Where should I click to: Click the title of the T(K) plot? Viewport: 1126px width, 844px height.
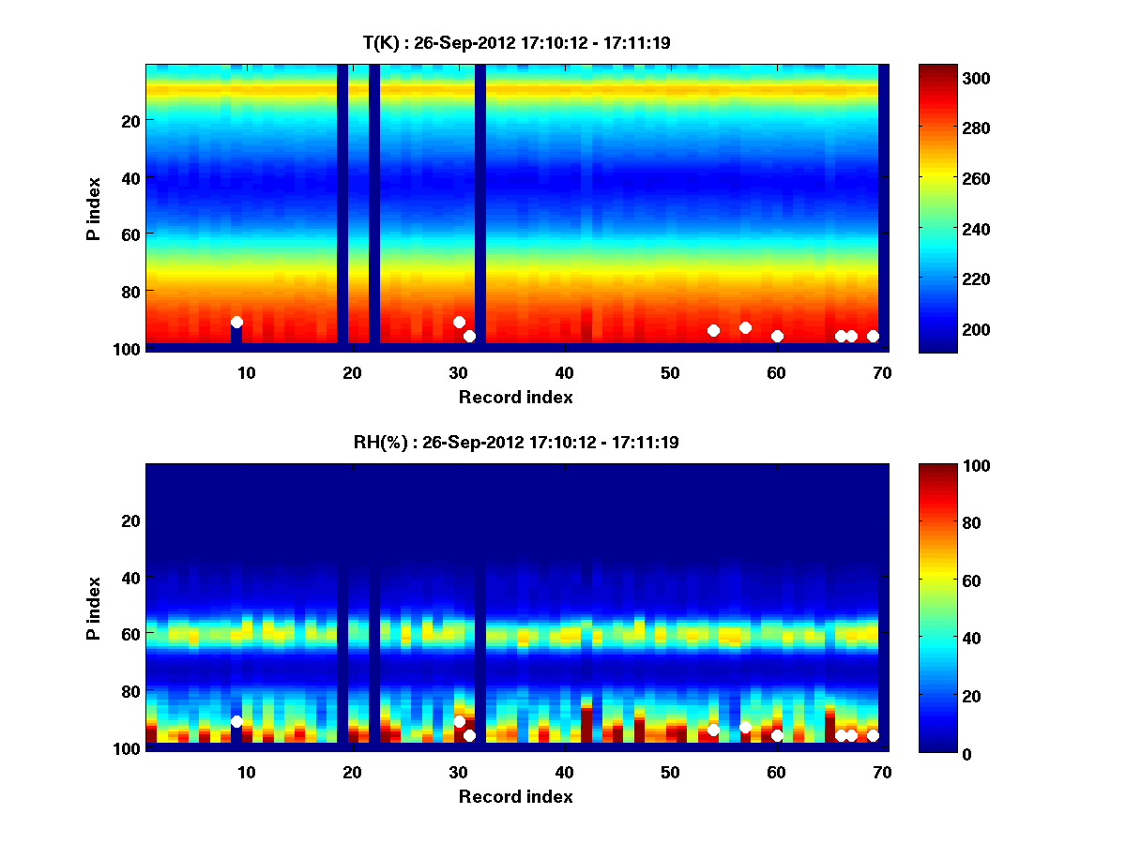(x=517, y=42)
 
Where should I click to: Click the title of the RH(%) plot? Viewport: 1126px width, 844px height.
(x=517, y=442)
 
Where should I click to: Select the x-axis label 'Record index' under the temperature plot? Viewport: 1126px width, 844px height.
(x=515, y=397)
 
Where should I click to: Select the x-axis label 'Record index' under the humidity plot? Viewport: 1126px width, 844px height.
(x=515, y=796)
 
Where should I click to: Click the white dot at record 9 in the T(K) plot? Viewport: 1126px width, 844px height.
(x=236, y=322)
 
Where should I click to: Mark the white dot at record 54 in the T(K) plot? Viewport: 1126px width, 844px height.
(x=713, y=330)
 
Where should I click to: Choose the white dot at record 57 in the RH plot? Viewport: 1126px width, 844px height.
(x=745, y=727)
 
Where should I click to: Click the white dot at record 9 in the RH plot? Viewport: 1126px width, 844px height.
(x=236, y=721)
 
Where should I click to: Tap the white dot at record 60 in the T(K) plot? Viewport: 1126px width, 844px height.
(x=777, y=336)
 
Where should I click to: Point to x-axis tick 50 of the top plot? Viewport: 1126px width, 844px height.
(x=670, y=372)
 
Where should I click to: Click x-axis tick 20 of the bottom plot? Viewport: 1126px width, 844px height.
(x=353, y=772)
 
